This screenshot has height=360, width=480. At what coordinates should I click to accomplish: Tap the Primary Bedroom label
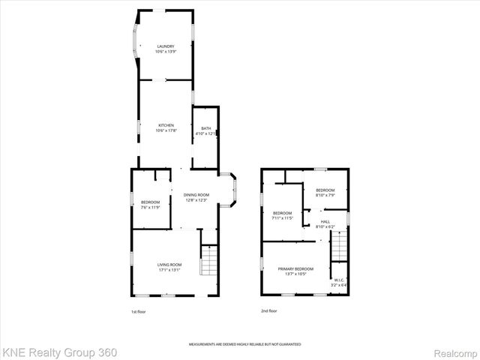(295, 271)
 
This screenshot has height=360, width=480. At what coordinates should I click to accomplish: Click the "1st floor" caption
(139, 310)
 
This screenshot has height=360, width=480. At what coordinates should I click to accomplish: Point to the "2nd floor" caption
(268, 310)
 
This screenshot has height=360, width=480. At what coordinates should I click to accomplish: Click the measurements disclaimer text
(244, 343)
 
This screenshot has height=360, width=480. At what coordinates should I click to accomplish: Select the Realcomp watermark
(453, 352)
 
